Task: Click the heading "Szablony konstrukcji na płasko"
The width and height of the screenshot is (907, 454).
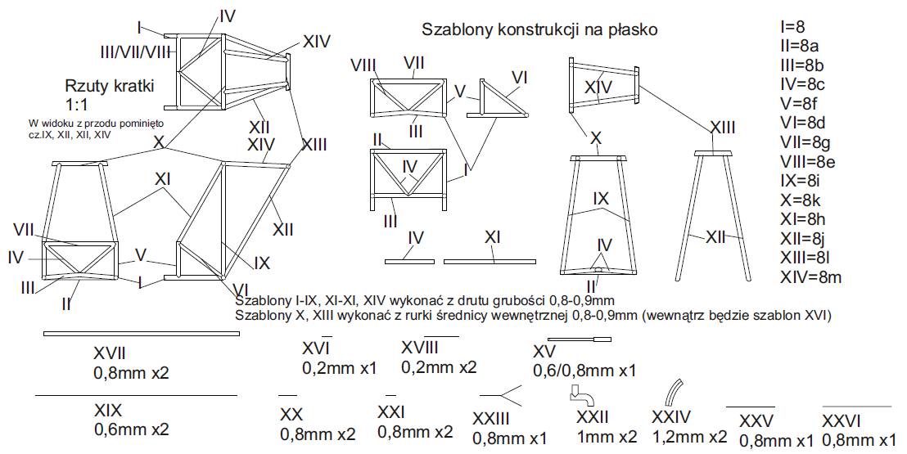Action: pyautogui.click(x=540, y=30)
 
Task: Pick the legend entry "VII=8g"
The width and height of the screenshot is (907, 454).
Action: pyautogui.click(x=805, y=142)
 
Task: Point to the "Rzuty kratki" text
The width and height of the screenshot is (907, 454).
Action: pyautogui.click(x=110, y=87)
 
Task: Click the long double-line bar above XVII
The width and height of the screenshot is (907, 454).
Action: pyautogui.click(x=141, y=334)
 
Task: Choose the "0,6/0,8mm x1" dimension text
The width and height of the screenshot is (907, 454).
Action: pyautogui.click(x=584, y=371)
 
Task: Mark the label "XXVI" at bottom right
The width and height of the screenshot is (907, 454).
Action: pyautogui.click(x=855, y=421)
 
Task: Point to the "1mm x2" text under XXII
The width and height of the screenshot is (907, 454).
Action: pyautogui.click(x=607, y=436)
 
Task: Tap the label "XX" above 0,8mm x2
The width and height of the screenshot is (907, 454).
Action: pyautogui.click(x=291, y=413)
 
